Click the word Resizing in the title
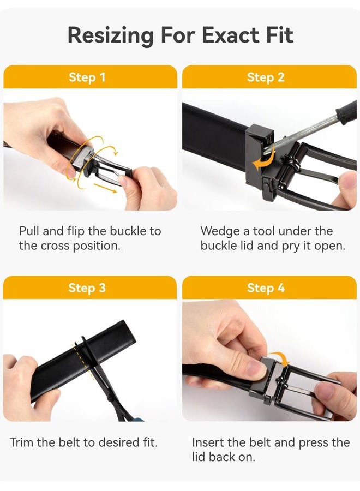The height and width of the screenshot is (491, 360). tap(111, 35)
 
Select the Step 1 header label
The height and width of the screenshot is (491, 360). tap(87, 77)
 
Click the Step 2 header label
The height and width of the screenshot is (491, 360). tap(266, 77)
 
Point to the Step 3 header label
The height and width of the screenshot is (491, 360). tap(87, 288)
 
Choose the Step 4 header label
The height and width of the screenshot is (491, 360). tap(266, 288)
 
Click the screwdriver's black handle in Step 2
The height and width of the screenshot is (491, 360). tap(347, 112)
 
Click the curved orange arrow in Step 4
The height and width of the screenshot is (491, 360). tap(280, 357)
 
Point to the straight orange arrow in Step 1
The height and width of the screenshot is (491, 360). tap(105, 188)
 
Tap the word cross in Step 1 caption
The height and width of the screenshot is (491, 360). tap(56, 246)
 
